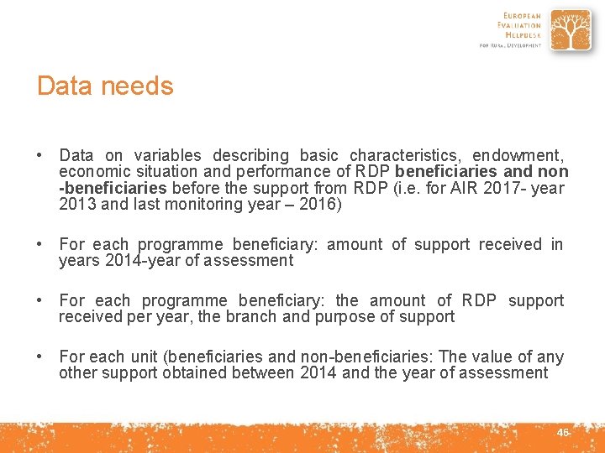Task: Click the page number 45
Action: click(563, 432)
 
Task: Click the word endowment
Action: click(517, 155)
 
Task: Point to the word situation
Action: click(150, 171)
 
